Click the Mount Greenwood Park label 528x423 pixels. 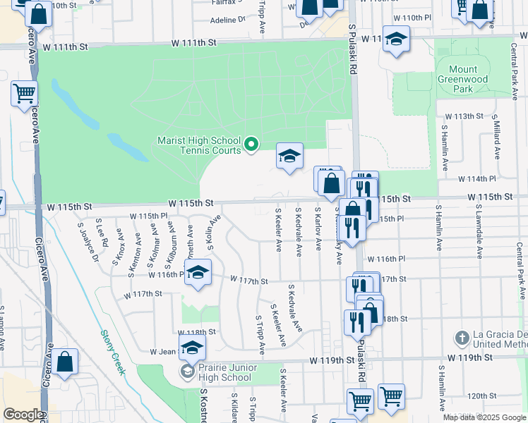[x=462, y=80]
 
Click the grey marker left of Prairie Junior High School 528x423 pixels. [x=188, y=372]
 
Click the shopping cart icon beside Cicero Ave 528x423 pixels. [x=24, y=92]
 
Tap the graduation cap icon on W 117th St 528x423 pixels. [x=198, y=273]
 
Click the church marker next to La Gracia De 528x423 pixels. [x=462, y=338]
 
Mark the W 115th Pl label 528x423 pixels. [x=148, y=216]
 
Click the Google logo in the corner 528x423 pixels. [x=23, y=415]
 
